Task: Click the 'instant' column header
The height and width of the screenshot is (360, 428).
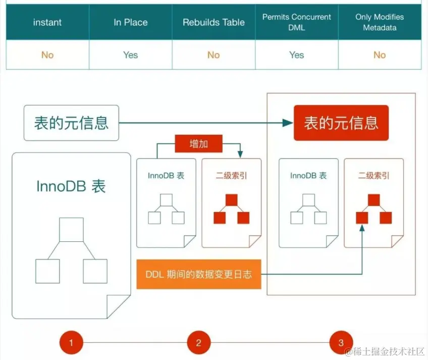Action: [47, 22]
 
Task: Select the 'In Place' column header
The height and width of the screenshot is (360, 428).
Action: [131, 22]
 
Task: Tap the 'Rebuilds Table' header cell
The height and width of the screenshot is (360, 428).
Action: [213, 22]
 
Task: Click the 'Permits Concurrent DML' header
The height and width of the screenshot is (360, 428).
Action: [297, 22]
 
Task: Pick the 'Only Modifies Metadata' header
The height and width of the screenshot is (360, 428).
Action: [380, 22]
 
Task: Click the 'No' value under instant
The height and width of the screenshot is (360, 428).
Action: [47, 55]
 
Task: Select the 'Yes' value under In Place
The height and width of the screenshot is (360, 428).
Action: [131, 55]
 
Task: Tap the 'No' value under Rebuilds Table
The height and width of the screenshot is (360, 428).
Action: [213, 55]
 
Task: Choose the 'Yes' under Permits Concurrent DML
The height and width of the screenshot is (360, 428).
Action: [297, 55]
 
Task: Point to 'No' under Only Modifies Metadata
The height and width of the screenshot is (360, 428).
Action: [380, 55]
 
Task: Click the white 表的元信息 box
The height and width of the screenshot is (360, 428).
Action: [71, 123]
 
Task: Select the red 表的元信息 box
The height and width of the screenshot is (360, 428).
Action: [341, 123]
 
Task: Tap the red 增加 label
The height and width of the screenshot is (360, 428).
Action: [198, 144]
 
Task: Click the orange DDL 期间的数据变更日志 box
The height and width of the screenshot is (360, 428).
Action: [198, 275]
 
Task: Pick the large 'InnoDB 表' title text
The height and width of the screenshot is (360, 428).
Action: [71, 186]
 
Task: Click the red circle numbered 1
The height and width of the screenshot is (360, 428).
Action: [71, 343]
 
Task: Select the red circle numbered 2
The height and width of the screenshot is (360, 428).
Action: [198, 343]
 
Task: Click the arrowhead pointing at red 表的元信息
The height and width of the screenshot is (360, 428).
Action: [288, 123]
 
